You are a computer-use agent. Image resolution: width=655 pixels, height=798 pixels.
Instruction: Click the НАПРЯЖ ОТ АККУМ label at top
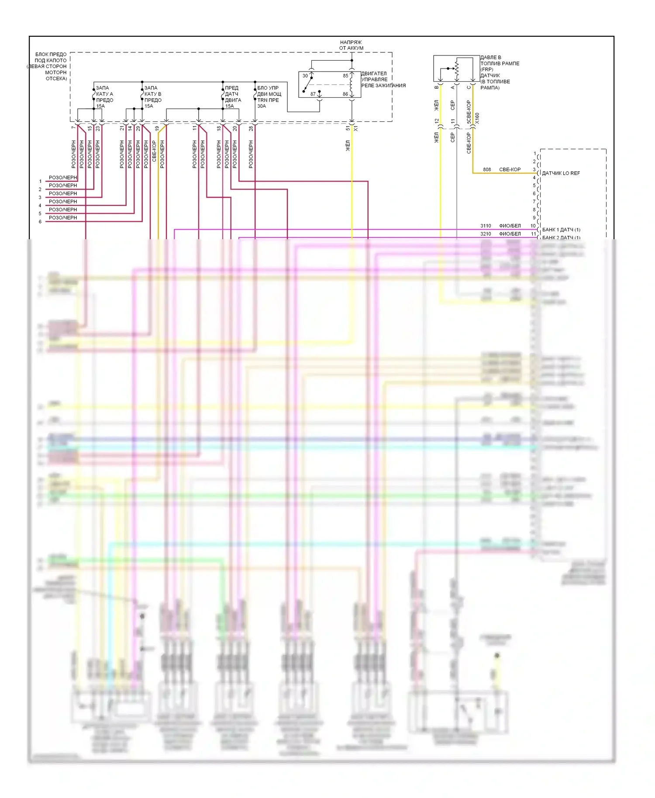coord(351,45)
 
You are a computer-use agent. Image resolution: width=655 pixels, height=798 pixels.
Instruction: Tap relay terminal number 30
coord(305,76)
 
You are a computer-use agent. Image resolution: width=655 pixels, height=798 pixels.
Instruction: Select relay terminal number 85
coord(345,76)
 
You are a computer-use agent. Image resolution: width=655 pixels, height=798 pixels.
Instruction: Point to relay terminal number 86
coord(345,94)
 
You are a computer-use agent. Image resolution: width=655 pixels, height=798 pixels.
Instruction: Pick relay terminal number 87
coord(313,94)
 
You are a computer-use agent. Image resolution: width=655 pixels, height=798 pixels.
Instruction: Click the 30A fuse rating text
coord(262,106)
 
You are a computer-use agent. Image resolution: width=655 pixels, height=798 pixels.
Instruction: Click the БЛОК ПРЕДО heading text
coord(51,55)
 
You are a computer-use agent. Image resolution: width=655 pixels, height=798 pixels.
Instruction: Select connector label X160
coord(477,118)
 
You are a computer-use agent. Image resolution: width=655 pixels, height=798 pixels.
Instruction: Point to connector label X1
coord(356,128)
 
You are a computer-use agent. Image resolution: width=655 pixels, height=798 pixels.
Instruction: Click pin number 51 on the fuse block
coord(348,128)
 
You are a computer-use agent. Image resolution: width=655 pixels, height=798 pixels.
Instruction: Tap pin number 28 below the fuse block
coord(251,128)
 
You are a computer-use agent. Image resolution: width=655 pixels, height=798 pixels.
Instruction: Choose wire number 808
coord(487,169)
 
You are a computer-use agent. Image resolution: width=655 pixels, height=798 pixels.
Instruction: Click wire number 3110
coord(486,226)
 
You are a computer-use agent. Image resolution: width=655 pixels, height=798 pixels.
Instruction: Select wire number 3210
coord(486,234)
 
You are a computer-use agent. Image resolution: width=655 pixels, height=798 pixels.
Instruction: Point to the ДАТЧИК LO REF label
coord(561,173)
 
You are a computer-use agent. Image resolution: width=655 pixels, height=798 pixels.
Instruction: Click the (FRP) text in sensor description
coord(487,69)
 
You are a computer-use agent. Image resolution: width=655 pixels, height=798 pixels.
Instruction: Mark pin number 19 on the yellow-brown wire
coord(157,128)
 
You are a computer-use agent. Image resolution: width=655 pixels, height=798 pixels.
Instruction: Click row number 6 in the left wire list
coord(40,222)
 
